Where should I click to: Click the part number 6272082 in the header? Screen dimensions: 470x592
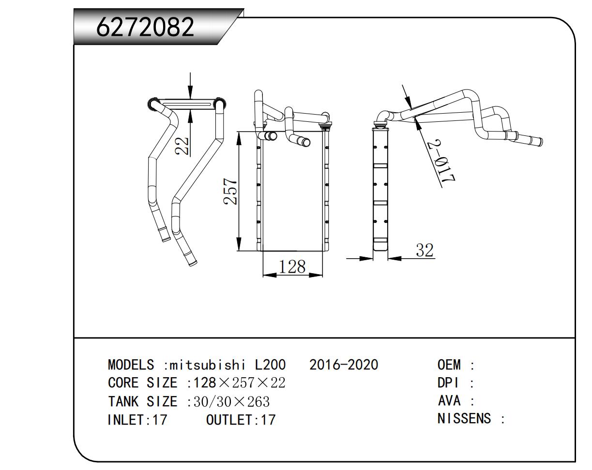[x=145, y=27]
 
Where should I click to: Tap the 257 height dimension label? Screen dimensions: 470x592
[x=231, y=192]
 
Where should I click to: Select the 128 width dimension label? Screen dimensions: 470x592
[x=292, y=266]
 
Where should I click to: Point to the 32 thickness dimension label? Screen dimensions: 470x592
[x=425, y=250]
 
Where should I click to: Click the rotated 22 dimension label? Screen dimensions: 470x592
[x=182, y=146]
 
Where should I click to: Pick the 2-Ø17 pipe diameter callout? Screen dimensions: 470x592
[x=443, y=162]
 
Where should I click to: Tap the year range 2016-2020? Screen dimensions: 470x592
[x=344, y=365]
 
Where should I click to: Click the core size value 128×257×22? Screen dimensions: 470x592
[x=240, y=383]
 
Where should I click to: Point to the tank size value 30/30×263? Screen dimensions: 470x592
[x=231, y=401]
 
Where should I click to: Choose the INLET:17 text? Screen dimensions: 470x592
[x=137, y=419]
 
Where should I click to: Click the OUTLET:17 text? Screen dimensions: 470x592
[x=241, y=419]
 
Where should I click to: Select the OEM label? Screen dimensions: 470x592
[x=449, y=365]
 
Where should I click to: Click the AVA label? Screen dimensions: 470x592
[x=449, y=401]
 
